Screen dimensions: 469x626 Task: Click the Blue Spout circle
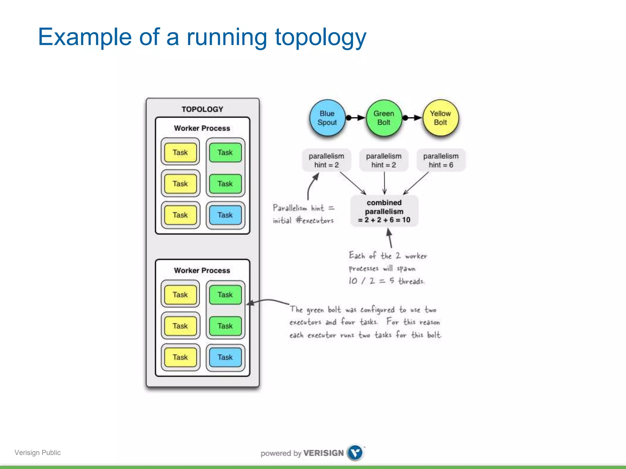pos(327,118)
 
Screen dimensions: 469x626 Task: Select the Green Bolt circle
pos(384,118)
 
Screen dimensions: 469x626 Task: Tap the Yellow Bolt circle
pos(440,118)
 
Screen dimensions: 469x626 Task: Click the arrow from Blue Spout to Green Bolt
pos(356,118)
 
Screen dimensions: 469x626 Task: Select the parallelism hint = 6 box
pos(441,160)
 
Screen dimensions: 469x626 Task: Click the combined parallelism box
pos(384,211)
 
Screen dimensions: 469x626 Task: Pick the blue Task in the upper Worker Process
pos(225,215)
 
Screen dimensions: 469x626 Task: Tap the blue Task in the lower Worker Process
pos(225,357)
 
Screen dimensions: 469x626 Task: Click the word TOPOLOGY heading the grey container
pos(202,109)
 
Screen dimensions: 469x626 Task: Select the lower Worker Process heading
pos(202,271)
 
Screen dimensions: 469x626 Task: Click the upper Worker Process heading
pos(202,128)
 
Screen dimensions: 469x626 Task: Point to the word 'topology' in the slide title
pos(320,37)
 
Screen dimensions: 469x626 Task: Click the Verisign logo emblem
pos(355,453)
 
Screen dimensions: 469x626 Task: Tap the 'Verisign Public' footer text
pos(38,453)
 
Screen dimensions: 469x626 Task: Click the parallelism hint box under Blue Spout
pos(326,160)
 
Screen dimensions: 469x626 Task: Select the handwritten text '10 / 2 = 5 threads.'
pos(386,281)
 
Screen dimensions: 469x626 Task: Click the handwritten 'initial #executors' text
pos(303,220)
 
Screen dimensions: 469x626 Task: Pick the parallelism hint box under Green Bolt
pos(384,160)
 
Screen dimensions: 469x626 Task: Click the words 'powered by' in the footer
pos(281,453)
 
